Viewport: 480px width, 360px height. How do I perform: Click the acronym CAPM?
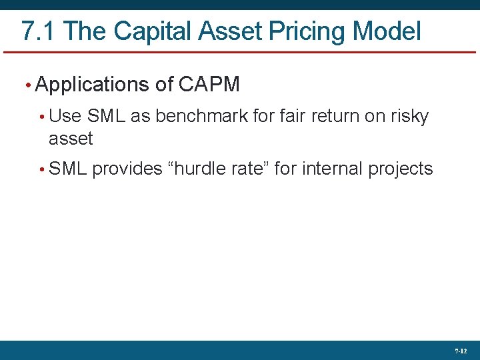(209, 85)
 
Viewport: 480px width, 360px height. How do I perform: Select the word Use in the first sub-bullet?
(65, 116)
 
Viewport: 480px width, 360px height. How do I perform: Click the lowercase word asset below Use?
(71, 139)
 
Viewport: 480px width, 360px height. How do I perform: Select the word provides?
(127, 169)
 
